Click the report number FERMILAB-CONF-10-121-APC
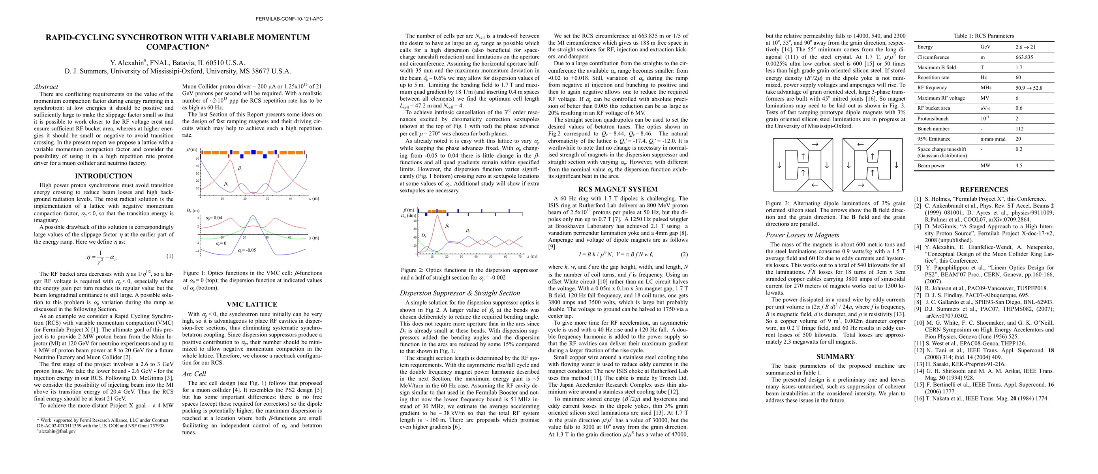pyautogui.click(x=289, y=19)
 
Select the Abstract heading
pyautogui.click(x=46, y=87)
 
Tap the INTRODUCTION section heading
pyautogui.click(x=103, y=176)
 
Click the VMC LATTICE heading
pyautogui.click(x=252, y=305)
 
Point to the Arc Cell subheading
pyautogui.click(x=194, y=374)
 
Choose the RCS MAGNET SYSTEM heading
pyautogui.click(x=618, y=189)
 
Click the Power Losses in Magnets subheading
pyautogui.click(x=802, y=235)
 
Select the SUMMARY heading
pyautogui.click(x=835, y=357)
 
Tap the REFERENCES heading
pyautogui.click(x=984, y=190)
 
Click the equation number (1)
pyautogui.click(x=170, y=256)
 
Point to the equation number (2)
pyautogui.click(x=684, y=254)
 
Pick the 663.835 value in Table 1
pyautogui.click(x=1024, y=57)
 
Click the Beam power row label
pyautogui.click(x=931, y=166)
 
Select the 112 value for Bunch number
pyautogui.click(x=1019, y=129)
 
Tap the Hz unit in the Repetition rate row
pyautogui.click(x=983, y=77)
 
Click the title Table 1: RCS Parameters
pyautogui.click(x=984, y=36)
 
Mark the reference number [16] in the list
pyautogui.click(x=918, y=399)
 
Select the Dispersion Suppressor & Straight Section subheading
pyautogui.click(x=460, y=293)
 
